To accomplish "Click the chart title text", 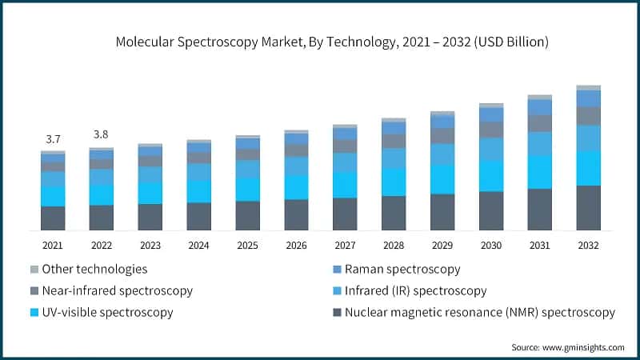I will coord(320,40).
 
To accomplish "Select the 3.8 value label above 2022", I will coord(102,134).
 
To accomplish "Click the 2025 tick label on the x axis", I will coord(247,246).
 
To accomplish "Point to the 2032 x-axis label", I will coord(588,246).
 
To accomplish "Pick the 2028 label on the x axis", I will coord(394,246).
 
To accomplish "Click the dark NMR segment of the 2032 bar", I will coord(588,208).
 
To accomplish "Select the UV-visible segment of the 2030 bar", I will coord(491,175).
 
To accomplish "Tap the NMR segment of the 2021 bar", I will coord(53,218).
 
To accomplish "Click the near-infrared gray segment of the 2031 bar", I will coord(540,123).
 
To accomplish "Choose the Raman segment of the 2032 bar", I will coord(588,98).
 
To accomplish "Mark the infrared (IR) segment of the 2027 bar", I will coord(345,162).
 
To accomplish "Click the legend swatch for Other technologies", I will coord(34,270).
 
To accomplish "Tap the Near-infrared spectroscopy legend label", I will coord(117,290).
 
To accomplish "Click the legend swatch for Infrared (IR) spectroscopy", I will coord(337,290).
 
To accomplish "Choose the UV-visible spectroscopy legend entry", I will coord(107,312).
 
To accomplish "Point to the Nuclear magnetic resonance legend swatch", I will coord(337,312).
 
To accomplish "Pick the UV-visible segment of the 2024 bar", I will coord(198,191).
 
